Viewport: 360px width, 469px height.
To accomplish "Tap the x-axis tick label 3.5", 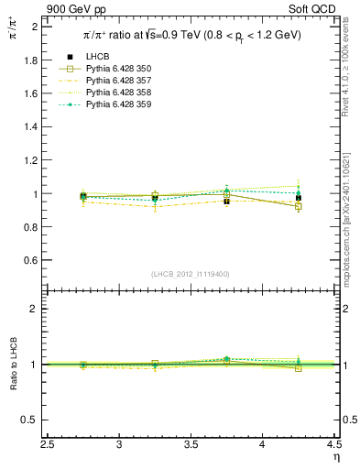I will [x=191, y=444].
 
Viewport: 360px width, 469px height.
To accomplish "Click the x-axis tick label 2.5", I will [x=49, y=444].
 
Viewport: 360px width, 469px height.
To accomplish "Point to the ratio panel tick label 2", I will [x=34, y=309].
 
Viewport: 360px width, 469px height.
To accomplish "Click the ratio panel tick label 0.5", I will [x=29, y=420].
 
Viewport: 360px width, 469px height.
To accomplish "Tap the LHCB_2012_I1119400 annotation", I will [x=191, y=273].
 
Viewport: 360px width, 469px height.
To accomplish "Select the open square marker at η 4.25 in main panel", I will [x=298, y=207].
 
